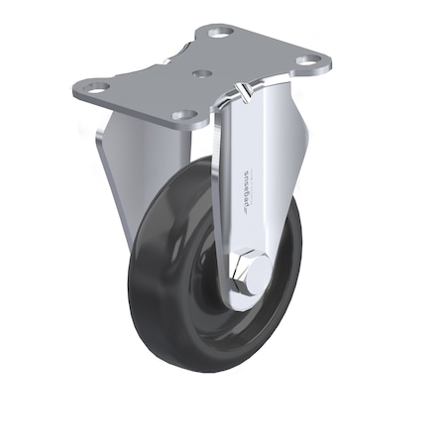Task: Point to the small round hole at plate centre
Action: (x=202, y=74)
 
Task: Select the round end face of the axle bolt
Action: (x=254, y=274)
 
